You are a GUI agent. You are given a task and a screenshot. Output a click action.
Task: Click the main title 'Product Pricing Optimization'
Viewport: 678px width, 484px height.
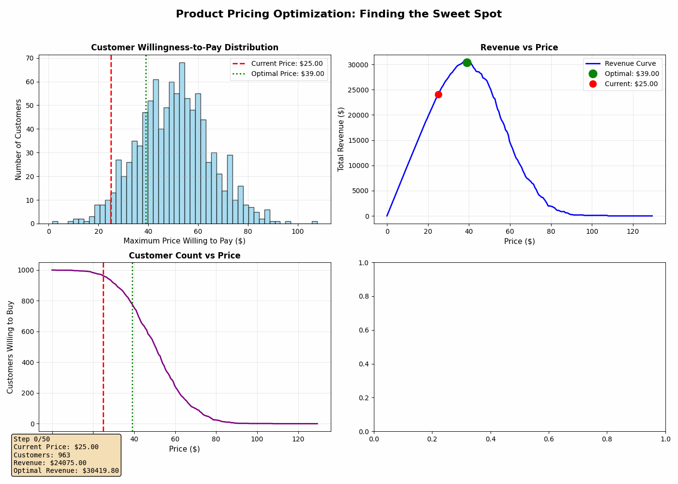point(339,14)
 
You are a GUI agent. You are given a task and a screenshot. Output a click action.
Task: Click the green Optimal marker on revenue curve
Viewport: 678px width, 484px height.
point(467,62)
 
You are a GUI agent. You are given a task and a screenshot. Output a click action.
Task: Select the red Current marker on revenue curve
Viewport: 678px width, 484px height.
point(438,94)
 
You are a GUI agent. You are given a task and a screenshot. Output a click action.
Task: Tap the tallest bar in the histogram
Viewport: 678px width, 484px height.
point(182,143)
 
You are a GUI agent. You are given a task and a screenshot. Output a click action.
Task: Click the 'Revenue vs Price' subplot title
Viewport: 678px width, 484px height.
point(519,47)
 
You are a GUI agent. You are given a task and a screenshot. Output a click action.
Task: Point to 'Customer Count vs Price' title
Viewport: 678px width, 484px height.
point(185,256)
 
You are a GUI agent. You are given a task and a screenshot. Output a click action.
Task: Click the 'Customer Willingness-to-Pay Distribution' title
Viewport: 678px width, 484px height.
point(185,47)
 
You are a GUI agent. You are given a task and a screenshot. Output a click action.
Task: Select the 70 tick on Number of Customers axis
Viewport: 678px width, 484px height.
point(30,58)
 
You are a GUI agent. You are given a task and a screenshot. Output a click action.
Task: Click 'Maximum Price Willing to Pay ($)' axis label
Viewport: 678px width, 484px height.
point(185,241)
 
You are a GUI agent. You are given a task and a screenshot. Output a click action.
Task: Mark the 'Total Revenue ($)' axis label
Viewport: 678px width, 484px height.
point(341,139)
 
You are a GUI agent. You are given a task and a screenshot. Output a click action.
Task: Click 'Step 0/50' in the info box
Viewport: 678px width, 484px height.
point(32,439)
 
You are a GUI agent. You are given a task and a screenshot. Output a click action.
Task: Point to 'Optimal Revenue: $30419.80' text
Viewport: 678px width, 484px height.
point(66,470)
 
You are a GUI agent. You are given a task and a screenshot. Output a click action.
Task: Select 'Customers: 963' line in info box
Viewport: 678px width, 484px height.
point(42,455)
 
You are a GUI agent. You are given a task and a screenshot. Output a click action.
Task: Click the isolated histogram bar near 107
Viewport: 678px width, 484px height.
point(315,222)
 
